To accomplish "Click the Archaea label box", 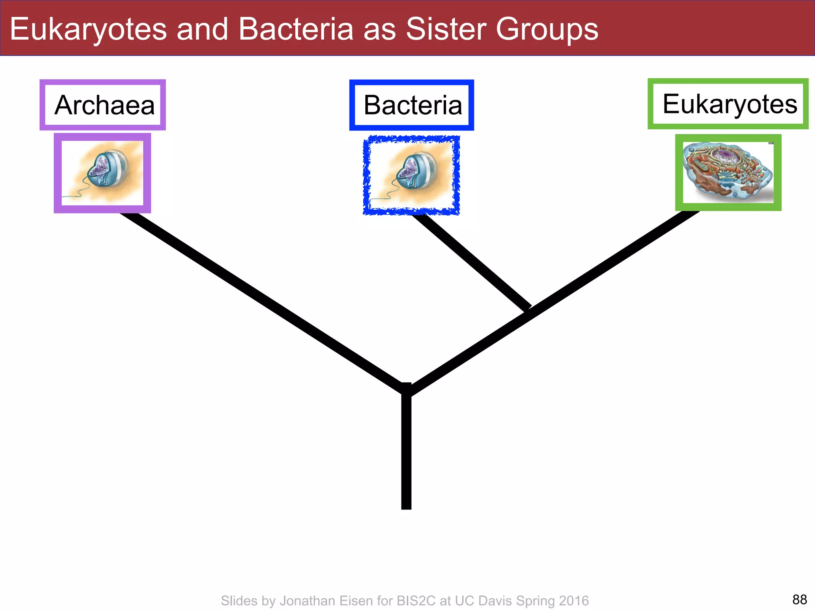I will coord(103,105).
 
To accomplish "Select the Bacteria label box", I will coord(411,105).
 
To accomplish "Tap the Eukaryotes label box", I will coord(728,104).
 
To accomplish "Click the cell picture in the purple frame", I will coord(102,173).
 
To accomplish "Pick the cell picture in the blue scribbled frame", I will coord(411,175).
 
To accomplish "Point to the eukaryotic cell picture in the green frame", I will coord(728,172).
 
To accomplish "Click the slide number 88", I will coord(799,599).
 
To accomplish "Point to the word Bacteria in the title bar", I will coord(296,29).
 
